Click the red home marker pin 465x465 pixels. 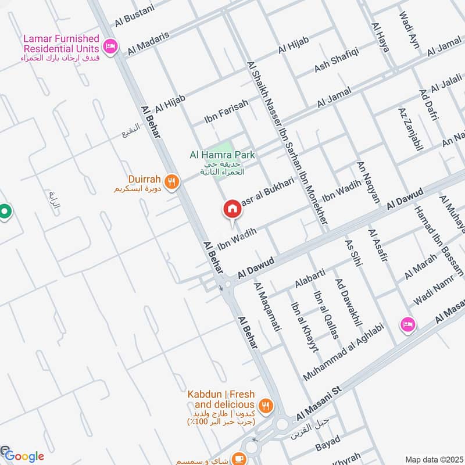231,209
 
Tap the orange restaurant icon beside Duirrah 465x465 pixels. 171,181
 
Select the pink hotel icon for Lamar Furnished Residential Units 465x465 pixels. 109,45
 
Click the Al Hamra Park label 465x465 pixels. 223,155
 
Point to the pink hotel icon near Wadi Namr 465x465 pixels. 407,324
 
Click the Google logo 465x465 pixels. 23,456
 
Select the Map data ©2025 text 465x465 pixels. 434,459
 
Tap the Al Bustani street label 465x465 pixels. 135,15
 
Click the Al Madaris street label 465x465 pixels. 148,44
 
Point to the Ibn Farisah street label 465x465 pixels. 226,112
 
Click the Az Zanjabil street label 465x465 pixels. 410,129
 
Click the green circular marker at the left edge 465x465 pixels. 5,213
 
